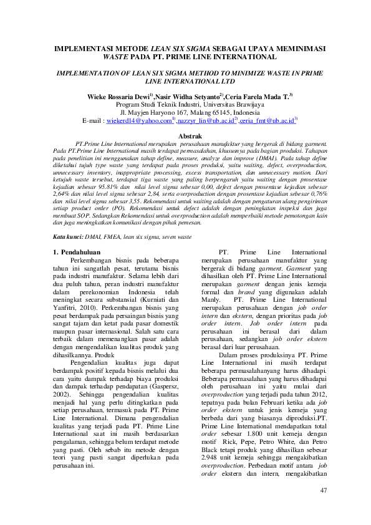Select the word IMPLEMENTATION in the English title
[x=93, y=73]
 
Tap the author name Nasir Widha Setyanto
[x=187, y=97]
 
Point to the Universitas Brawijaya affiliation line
[x=185, y=105]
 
